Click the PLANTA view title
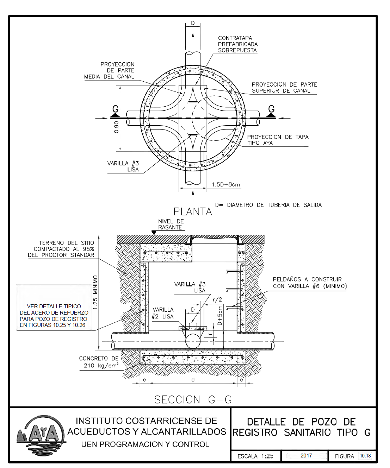(x=192, y=211)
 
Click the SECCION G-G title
(x=193, y=400)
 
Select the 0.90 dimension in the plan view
(x=117, y=127)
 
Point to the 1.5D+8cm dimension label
(x=226, y=185)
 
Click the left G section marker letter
(x=115, y=109)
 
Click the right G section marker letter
(x=271, y=109)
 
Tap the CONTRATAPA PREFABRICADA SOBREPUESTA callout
(x=238, y=44)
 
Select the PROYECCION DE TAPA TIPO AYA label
(x=278, y=140)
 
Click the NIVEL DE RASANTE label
(x=171, y=224)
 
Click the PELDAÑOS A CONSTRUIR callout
(x=309, y=283)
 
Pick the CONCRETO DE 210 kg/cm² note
(x=99, y=362)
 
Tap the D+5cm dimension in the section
(x=220, y=315)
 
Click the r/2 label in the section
(x=217, y=299)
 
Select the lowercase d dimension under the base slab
(x=193, y=380)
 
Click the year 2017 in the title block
(x=306, y=456)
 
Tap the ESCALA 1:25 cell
(x=255, y=456)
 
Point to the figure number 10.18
(x=365, y=456)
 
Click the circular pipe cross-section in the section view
(x=193, y=341)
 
